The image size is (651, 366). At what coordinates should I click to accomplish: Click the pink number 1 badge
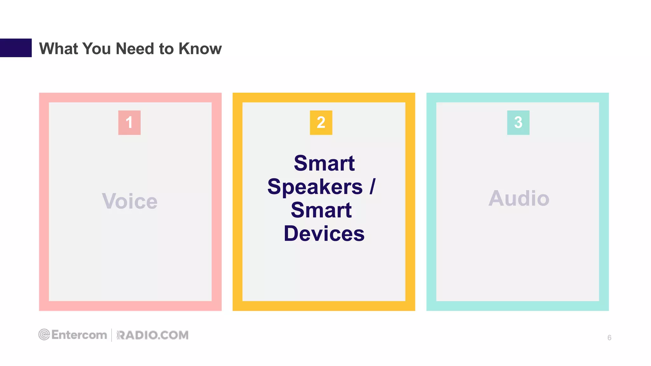tap(129, 123)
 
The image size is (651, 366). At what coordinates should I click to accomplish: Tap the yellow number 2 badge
tap(321, 123)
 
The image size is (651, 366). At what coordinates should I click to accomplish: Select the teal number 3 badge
tap(518, 123)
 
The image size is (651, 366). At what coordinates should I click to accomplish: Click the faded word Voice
tap(130, 201)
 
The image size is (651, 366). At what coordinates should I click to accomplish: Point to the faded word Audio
tap(519, 198)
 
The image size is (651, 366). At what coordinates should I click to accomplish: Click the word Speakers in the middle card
tap(315, 186)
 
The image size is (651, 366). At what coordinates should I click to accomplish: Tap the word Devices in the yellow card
tap(324, 234)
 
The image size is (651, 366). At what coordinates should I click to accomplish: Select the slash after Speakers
tap(372, 186)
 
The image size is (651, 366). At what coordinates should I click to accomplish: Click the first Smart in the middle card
tap(324, 163)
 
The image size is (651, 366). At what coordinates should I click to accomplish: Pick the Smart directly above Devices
tap(321, 210)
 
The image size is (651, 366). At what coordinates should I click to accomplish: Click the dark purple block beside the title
tap(16, 48)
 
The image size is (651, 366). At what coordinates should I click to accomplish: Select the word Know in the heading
tap(200, 49)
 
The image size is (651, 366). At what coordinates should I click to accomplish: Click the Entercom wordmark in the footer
tap(79, 335)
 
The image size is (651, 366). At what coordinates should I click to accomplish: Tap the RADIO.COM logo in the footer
tap(153, 335)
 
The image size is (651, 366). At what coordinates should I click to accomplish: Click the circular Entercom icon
tap(44, 335)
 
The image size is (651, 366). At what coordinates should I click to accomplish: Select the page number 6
tap(609, 338)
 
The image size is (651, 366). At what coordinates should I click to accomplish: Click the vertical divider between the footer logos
tap(112, 335)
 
